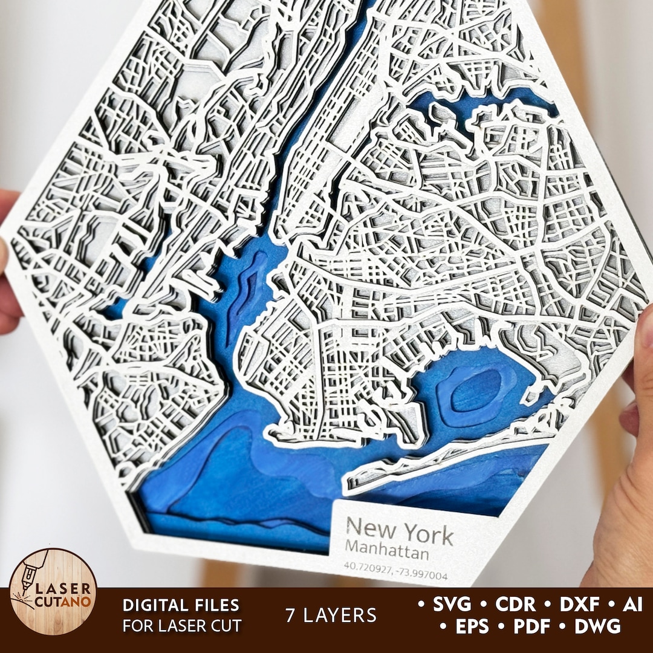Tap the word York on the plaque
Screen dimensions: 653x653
tap(428, 534)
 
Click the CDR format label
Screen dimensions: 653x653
tap(516, 604)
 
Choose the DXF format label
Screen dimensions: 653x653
tap(579, 604)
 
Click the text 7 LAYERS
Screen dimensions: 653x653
tap(331, 616)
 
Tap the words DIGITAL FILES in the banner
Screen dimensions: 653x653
tap(181, 605)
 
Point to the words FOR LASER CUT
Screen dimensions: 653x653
tap(181, 626)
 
